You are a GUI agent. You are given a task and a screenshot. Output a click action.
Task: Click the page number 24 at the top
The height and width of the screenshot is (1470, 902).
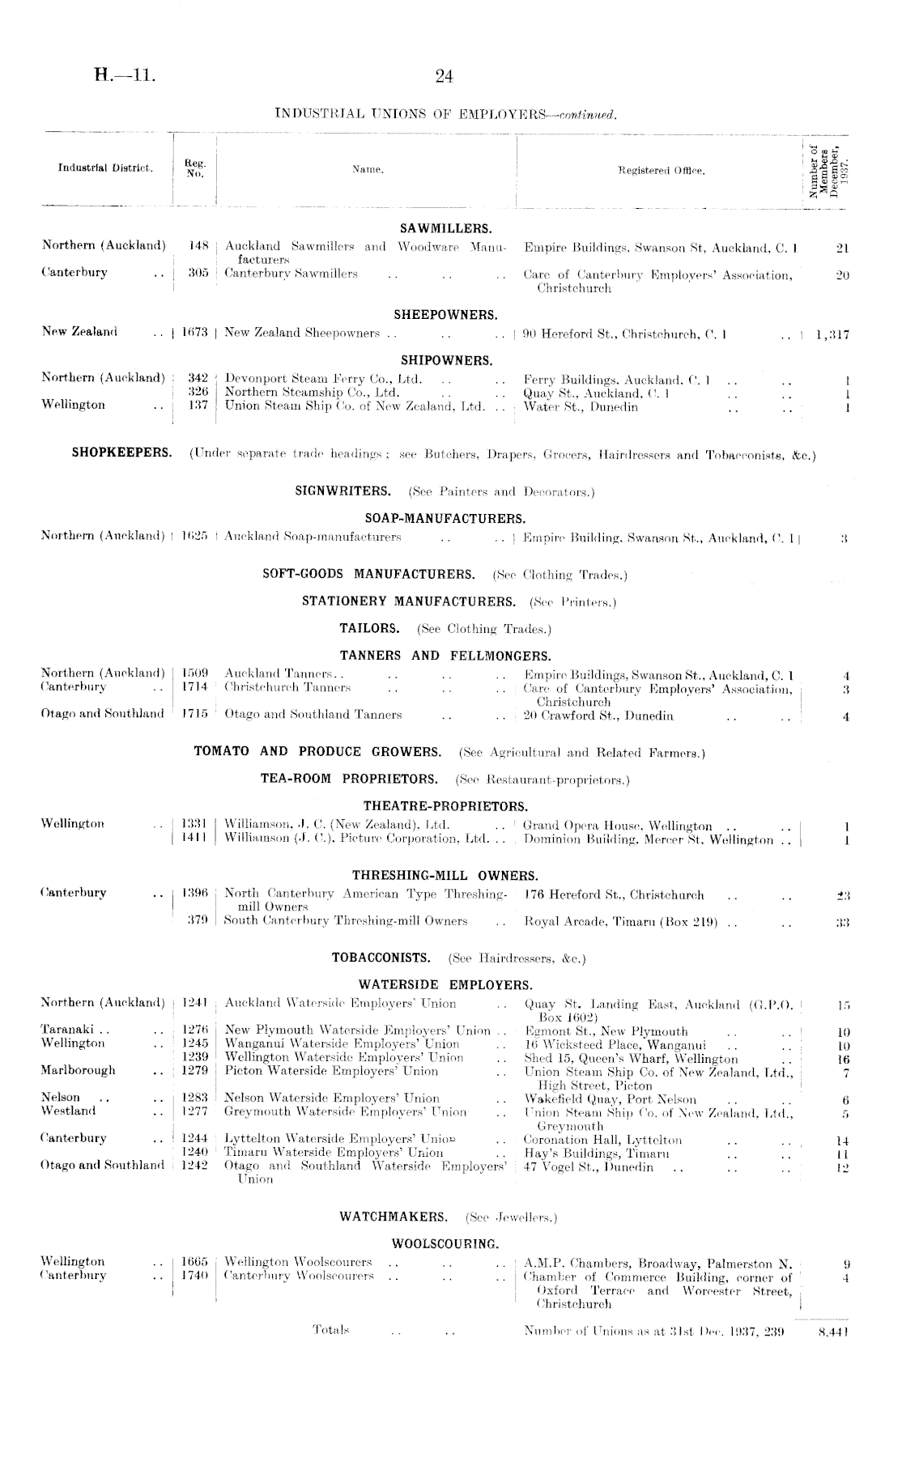click(444, 77)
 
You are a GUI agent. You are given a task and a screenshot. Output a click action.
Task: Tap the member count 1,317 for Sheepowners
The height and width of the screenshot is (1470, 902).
click(832, 333)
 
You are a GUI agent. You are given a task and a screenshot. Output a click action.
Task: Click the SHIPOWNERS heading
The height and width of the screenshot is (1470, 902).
click(446, 360)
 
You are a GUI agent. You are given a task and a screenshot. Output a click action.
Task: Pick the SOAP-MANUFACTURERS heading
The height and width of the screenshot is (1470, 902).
click(445, 518)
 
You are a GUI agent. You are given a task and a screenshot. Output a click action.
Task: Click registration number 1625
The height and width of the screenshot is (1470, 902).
click(195, 536)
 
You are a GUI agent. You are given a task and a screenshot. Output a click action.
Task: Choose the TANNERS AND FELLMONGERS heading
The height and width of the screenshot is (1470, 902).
click(445, 656)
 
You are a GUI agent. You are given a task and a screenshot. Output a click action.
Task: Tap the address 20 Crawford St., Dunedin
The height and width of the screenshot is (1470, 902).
click(598, 716)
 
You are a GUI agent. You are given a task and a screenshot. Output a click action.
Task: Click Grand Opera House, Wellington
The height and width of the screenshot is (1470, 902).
click(618, 826)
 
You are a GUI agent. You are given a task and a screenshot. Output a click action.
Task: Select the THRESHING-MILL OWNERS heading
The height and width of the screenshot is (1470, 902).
click(445, 876)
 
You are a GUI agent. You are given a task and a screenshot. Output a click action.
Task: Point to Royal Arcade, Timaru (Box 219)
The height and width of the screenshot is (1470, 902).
click(625, 921)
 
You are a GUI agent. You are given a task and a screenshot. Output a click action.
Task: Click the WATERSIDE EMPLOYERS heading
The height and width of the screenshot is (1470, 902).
click(445, 985)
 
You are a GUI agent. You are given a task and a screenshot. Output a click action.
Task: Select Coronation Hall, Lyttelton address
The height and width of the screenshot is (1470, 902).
click(602, 1140)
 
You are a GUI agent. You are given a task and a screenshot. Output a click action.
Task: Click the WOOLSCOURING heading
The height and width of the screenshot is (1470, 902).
click(445, 1243)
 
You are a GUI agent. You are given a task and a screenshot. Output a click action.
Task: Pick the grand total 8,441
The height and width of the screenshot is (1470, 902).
click(833, 1329)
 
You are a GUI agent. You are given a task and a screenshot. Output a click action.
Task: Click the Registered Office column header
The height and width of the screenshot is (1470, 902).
click(661, 171)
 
